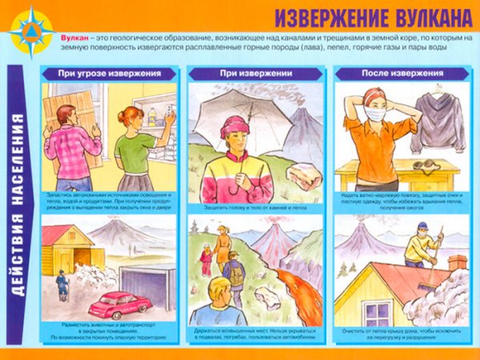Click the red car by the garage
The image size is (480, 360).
point(121,305)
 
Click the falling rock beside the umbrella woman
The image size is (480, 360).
point(304,176)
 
